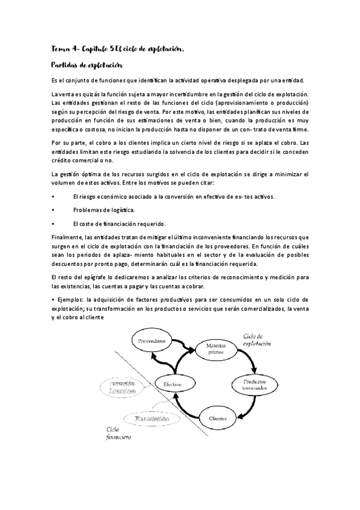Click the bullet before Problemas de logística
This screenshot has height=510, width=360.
click(x=54, y=210)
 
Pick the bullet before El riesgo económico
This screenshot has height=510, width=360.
click(x=54, y=197)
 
